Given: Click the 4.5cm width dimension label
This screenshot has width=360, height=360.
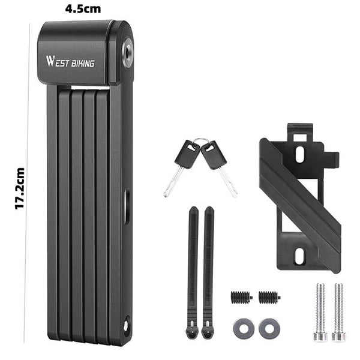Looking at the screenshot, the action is coord(83,9).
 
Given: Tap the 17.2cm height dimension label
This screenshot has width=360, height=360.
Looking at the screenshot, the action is coord(20,188).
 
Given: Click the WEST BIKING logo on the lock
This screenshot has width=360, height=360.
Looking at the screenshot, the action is coord(70,62).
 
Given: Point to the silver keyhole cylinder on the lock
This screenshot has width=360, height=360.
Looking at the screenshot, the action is coord(128,50).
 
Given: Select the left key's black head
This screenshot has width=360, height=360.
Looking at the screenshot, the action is coord(187,154).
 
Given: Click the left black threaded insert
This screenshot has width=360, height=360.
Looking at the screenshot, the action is coord(241,298).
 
